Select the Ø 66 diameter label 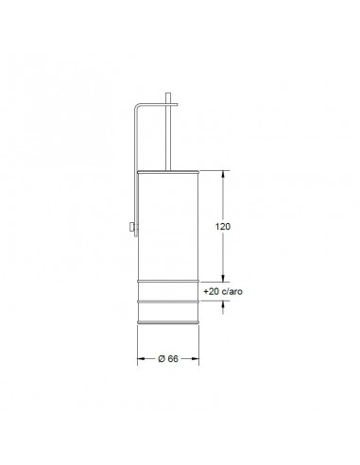169,358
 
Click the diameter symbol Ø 162,358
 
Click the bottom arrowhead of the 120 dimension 223,278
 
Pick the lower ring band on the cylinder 169,301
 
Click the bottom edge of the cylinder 169,322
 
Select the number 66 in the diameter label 174,358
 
